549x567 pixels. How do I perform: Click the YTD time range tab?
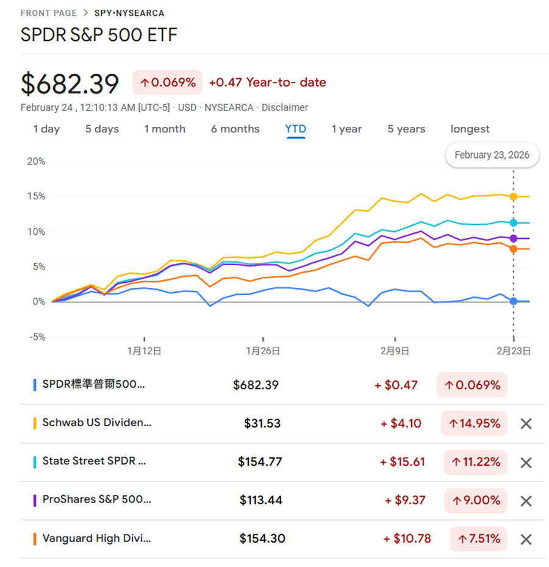296,129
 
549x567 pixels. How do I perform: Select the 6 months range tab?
235,129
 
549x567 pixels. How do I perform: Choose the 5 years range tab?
406,129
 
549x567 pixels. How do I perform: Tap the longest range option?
470,129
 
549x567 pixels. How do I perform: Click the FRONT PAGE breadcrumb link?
49,13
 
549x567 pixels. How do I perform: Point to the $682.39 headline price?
70,84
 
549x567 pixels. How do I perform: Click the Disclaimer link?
285,107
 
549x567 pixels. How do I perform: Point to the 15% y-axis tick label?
37,196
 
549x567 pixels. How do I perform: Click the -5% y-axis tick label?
37,337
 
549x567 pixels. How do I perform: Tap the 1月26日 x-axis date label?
263,351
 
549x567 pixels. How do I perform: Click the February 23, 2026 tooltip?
492,155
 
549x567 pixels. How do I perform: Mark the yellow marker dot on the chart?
514,196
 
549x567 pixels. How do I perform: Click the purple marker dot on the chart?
514,238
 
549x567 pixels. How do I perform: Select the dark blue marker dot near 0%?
514,301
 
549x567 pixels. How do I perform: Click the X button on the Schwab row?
526,424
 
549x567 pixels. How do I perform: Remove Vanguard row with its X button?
526,539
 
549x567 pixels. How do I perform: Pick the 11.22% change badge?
475,462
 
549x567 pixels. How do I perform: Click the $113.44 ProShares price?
261,501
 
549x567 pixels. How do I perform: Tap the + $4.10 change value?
401,424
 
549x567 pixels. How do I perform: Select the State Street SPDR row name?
94,462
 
